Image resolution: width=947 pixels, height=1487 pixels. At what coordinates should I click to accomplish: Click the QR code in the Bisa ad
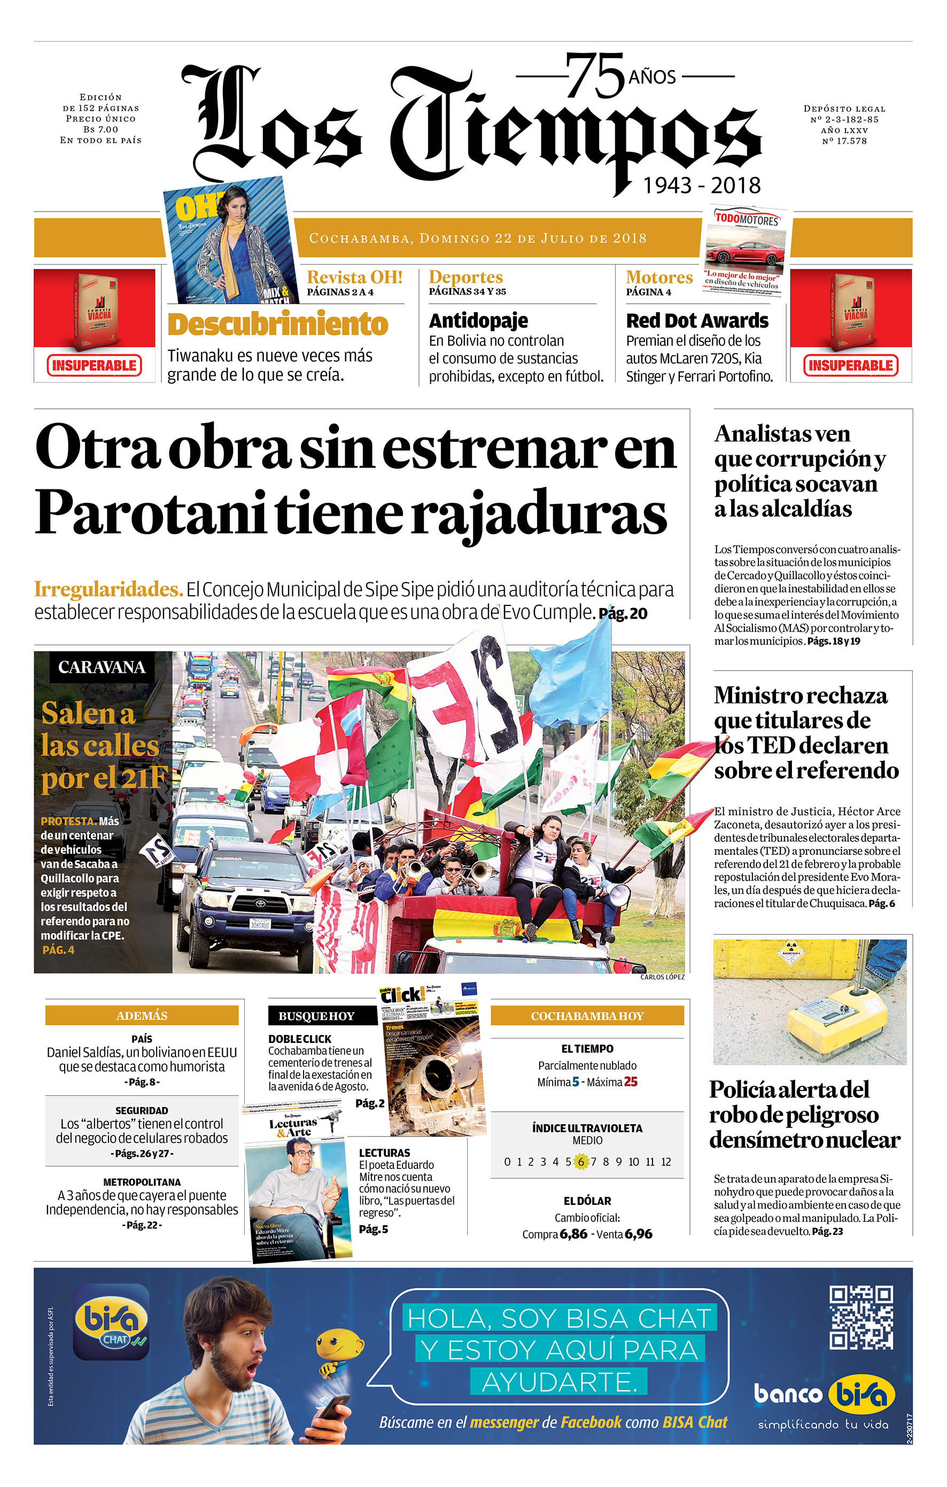pos(860,1318)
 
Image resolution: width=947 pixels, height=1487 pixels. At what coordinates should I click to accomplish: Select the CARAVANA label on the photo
pos(102,667)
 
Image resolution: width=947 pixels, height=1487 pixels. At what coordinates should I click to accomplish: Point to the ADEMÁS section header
pos(142,1015)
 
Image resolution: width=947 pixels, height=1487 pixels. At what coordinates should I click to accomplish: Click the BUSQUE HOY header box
pos(316,1016)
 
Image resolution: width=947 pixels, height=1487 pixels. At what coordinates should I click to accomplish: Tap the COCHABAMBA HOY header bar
pos(587,1016)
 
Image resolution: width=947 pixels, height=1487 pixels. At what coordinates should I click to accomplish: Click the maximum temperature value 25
pos(630,1082)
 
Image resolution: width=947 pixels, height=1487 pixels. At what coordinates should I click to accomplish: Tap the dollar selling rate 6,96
pos(638,1234)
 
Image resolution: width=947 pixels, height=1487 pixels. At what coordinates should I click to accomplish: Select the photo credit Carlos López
pos(662,977)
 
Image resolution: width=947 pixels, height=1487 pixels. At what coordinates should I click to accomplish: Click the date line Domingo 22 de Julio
pos(478,238)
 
